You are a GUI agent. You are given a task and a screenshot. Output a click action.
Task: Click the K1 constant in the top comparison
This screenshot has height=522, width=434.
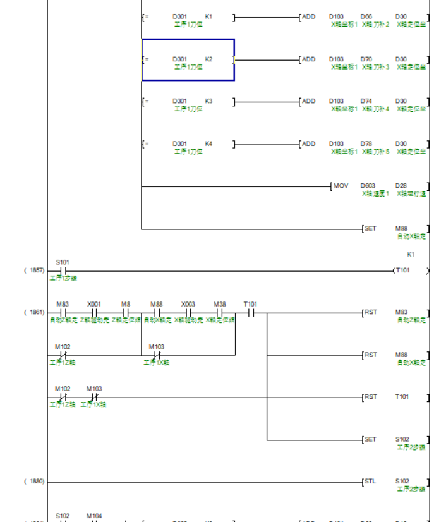(208, 16)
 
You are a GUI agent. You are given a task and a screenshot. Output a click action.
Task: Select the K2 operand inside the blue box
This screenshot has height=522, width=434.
(208, 59)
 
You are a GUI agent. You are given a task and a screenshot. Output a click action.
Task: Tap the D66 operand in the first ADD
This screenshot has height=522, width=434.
(366, 16)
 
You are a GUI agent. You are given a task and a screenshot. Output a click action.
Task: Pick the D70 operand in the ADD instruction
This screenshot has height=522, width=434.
(366, 59)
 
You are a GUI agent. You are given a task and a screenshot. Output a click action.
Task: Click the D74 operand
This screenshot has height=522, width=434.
(366, 101)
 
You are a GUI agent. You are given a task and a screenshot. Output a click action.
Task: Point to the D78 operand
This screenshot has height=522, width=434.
(366, 144)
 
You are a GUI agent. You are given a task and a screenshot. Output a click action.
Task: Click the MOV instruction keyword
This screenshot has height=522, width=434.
(341, 186)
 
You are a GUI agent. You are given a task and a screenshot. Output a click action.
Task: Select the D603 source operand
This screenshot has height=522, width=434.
(368, 186)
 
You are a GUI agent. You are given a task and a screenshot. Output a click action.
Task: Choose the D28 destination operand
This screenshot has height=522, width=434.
(401, 186)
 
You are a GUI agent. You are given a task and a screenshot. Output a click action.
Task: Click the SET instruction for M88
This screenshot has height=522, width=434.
(370, 228)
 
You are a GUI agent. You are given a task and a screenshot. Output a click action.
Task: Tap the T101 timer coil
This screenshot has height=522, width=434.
(402, 270)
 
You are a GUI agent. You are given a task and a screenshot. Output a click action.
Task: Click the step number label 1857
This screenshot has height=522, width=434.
(35, 270)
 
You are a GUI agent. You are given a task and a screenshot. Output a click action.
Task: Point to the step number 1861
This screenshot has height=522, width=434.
(35, 312)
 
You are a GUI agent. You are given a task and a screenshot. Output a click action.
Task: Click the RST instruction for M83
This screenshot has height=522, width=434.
(370, 312)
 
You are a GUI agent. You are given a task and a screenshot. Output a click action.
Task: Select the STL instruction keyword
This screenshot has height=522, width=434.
(370, 482)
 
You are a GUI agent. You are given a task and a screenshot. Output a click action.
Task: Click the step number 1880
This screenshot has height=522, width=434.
(35, 482)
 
